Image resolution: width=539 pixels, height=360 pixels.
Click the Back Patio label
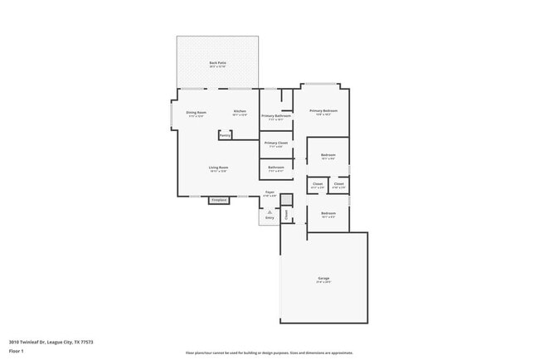217,63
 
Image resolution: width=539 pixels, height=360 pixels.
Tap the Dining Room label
196,111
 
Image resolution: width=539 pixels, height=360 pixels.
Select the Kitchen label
240,111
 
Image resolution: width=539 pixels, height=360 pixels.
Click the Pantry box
225,135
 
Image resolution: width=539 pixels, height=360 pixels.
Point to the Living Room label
218,168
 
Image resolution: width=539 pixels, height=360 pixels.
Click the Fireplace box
219,200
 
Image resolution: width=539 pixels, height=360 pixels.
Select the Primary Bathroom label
276,116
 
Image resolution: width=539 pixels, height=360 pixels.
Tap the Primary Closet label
276,143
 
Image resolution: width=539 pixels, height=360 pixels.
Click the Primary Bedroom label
323,110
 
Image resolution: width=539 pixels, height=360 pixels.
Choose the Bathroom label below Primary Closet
276,168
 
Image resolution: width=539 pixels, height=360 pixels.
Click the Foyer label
269,192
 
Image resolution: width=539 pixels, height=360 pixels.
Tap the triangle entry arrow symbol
269,212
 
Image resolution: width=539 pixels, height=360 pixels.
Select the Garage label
323,278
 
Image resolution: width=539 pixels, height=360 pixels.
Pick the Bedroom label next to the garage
328,213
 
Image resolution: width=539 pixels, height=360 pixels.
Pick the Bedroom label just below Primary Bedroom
328,155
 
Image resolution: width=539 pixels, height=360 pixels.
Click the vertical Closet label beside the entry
286,215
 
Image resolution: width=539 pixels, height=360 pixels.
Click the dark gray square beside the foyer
286,199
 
